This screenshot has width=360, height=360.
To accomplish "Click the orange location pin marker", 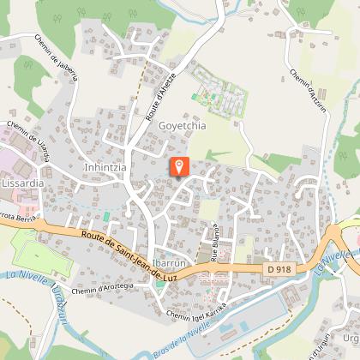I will pyautogui.click(x=179, y=166).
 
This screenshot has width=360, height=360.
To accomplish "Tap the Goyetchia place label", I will pyautogui.click(x=182, y=124).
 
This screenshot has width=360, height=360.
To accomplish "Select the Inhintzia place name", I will pyautogui.click(x=106, y=168).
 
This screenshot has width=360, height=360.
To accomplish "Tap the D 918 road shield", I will pyautogui.click(x=279, y=271).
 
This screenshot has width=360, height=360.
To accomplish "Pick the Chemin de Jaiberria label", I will pyautogui.click(x=57, y=57).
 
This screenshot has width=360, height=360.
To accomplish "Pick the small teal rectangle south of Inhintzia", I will pyautogui.click(x=106, y=217).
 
